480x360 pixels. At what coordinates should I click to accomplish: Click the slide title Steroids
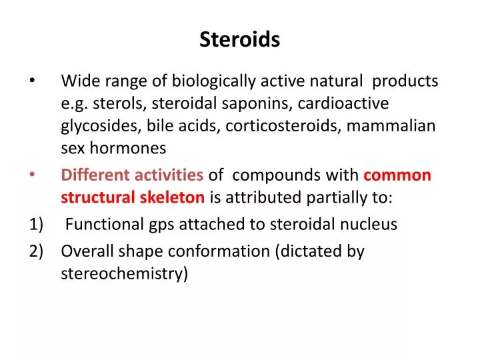pyautogui.click(x=239, y=41)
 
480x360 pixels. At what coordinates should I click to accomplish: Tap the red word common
pyautogui.click(x=398, y=175)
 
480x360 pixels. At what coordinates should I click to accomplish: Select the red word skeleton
pyautogui.click(x=172, y=197)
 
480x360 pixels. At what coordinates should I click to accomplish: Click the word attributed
pyautogui.click(x=264, y=197)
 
